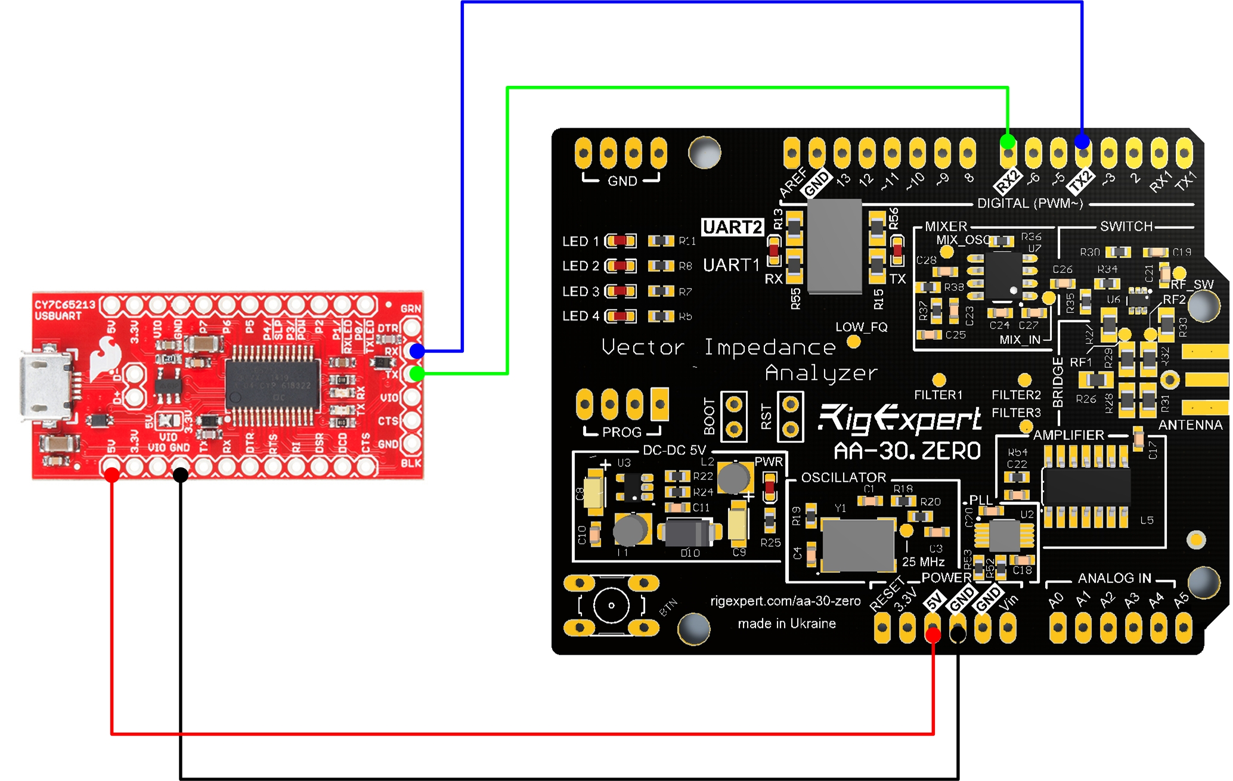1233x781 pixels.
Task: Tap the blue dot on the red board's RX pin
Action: click(x=417, y=351)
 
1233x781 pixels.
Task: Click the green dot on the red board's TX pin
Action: click(x=417, y=374)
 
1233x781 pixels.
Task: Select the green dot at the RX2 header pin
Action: click(x=1008, y=142)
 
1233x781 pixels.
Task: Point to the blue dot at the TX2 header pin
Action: click(x=1082, y=142)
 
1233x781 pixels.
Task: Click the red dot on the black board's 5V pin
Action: click(x=933, y=636)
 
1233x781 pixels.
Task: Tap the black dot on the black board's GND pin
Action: click(x=958, y=636)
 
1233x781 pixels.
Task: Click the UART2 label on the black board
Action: click(x=732, y=227)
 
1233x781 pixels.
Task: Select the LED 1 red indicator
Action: click(x=621, y=241)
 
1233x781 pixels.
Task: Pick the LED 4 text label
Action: click(x=581, y=316)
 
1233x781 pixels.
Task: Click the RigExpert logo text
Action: click(x=899, y=419)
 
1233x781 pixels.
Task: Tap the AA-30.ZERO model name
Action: click(x=907, y=451)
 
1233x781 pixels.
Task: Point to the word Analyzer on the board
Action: click(x=821, y=373)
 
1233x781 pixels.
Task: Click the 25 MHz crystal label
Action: click(x=923, y=562)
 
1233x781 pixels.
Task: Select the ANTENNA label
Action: click(x=1190, y=425)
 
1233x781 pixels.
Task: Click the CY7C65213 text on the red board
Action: click(x=64, y=305)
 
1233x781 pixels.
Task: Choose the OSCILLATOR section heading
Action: click(x=843, y=478)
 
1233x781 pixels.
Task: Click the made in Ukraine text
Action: click(x=786, y=624)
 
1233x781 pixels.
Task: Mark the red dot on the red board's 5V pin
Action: click(x=111, y=475)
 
